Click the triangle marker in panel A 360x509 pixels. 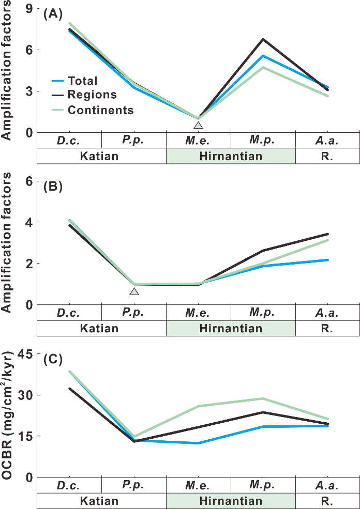click(x=198, y=125)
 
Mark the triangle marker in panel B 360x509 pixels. click(x=134, y=292)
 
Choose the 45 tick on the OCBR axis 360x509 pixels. click(x=26, y=354)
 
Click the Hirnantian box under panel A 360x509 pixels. click(x=231, y=156)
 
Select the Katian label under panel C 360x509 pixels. click(x=99, y=501)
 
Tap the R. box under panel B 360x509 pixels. click(x=327, y=328)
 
